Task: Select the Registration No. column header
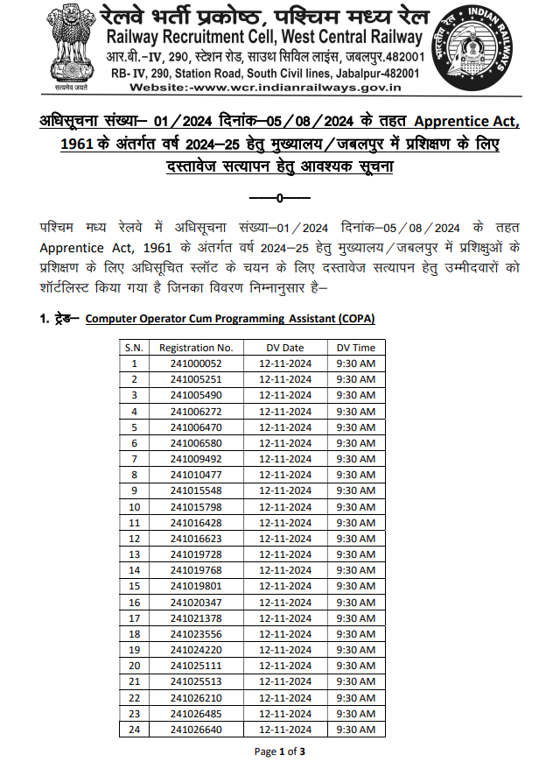click(196, 348)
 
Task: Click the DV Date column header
click(285, 348)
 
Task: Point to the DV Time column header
click(356, 348)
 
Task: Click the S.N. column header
click(134, 348)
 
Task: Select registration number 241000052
click(196, 363)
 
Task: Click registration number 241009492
click(196, 459)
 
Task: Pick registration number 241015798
click(196, 507)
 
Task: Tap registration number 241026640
click(196, 729)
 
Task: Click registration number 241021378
click(196, 618)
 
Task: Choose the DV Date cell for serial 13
click(285, 554)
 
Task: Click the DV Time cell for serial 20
click(356, 666)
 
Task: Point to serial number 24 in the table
click(134, 729)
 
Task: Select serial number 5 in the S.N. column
click(134, 427)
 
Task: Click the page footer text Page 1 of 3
click(280, 751)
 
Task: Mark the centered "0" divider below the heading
click(279, 199)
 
